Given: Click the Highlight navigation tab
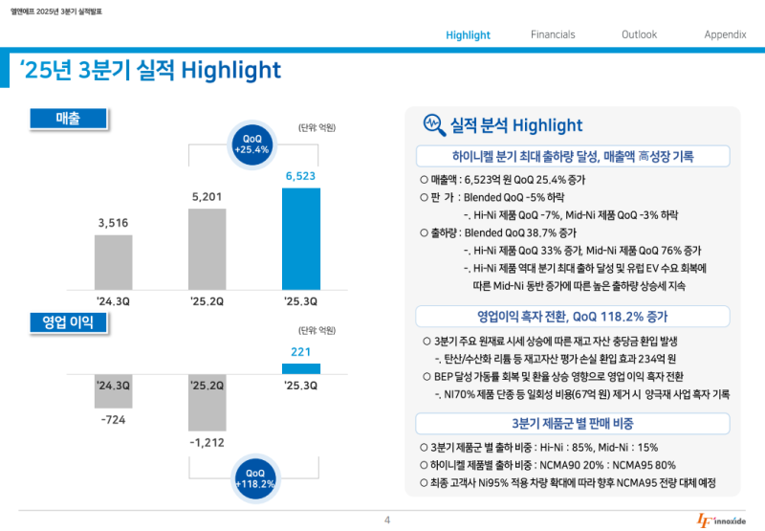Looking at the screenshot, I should [x=468, y=35].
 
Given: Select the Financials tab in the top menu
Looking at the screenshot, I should [x=553, y=34].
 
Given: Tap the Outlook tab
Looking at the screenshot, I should [x=639, y=34].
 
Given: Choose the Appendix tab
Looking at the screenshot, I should [x=725, y=34].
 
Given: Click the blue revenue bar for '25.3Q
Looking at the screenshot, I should [x=301, y=238].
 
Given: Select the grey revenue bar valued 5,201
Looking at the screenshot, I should [x=208, y=249].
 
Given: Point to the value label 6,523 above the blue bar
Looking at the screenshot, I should [x=300, y=176].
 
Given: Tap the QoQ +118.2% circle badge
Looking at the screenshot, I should [x=254, y=478].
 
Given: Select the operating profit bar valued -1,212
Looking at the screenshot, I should [x=208, y=402].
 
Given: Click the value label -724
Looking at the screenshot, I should [x=113, y=420].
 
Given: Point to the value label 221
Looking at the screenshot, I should [x=301, y=351].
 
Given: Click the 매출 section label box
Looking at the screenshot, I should [x=68, y=118].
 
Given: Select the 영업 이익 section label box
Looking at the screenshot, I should [x=68, y=322].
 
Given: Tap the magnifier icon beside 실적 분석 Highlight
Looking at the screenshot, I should [x=432, y=125].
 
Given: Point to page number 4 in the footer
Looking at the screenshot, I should [x=387, y=520].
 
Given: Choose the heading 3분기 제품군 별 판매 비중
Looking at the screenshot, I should [x=573, y=423].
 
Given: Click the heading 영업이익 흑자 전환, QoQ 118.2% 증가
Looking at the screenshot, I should [x=573, y=316].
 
